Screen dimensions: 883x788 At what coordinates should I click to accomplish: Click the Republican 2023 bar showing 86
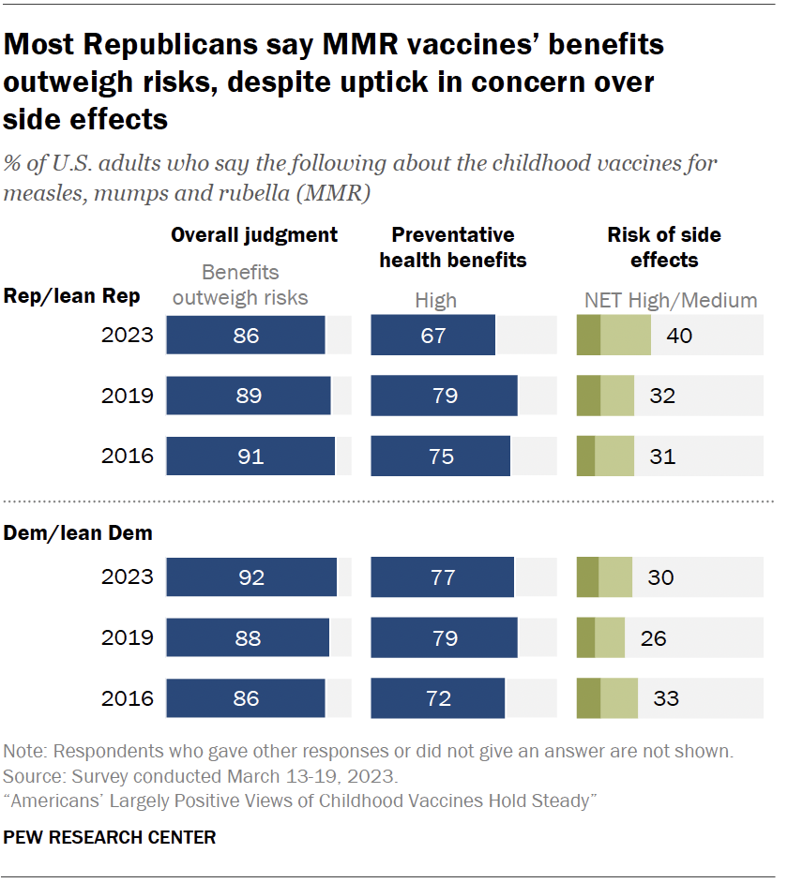[246, 335]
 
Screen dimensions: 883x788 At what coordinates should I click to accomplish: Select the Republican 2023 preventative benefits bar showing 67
[432, 335]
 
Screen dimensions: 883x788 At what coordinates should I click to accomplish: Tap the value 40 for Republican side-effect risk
[678, 335]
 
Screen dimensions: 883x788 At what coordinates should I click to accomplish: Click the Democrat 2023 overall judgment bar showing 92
[251, 577]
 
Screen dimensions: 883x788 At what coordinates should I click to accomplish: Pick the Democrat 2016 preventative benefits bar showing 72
[437, 698]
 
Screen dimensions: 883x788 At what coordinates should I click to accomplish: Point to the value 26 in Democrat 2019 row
[653, 638]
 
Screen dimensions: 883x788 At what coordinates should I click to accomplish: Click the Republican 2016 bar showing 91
[250, 456]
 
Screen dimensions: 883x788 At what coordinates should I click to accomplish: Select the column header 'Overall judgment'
[253, 234]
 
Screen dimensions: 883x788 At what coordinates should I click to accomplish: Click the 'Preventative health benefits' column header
[453, 247]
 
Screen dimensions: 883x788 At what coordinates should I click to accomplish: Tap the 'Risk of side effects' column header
[664, 247]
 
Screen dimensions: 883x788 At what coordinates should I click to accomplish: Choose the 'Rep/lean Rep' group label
[72, 296]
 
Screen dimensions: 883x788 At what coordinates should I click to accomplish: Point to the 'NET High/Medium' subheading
[670, 301]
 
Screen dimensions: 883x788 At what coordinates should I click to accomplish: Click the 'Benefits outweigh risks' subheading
[241, 285]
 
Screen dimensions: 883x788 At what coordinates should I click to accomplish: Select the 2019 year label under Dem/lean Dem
[127, 638]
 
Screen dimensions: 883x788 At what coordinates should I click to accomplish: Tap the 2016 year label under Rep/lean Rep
[127, 456]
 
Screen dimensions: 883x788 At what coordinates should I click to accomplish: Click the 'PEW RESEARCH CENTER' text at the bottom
[110, 837]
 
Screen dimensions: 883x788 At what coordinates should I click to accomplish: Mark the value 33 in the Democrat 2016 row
[665, 698]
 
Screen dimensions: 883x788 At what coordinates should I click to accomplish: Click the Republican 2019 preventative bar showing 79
[444, 396]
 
